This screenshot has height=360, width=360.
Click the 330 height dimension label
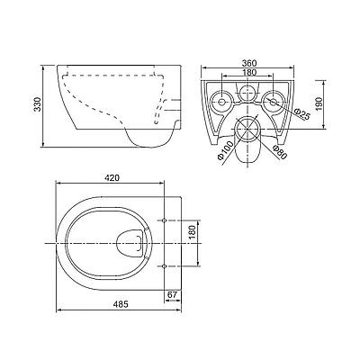[x=37, y=104]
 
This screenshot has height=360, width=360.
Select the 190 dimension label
[x=319, y=103]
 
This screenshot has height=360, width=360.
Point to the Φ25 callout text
[x=301, y=113]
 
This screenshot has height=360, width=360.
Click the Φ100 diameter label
[x=225, y=150]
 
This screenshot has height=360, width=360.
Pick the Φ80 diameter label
[x=279, y=152]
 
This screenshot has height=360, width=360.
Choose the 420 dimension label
[x=112, y=178]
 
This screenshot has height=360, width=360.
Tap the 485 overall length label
[x=121, y=304]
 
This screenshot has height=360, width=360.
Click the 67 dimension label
[x=172, y=294]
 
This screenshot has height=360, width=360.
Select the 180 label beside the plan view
[x=193, y=232]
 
